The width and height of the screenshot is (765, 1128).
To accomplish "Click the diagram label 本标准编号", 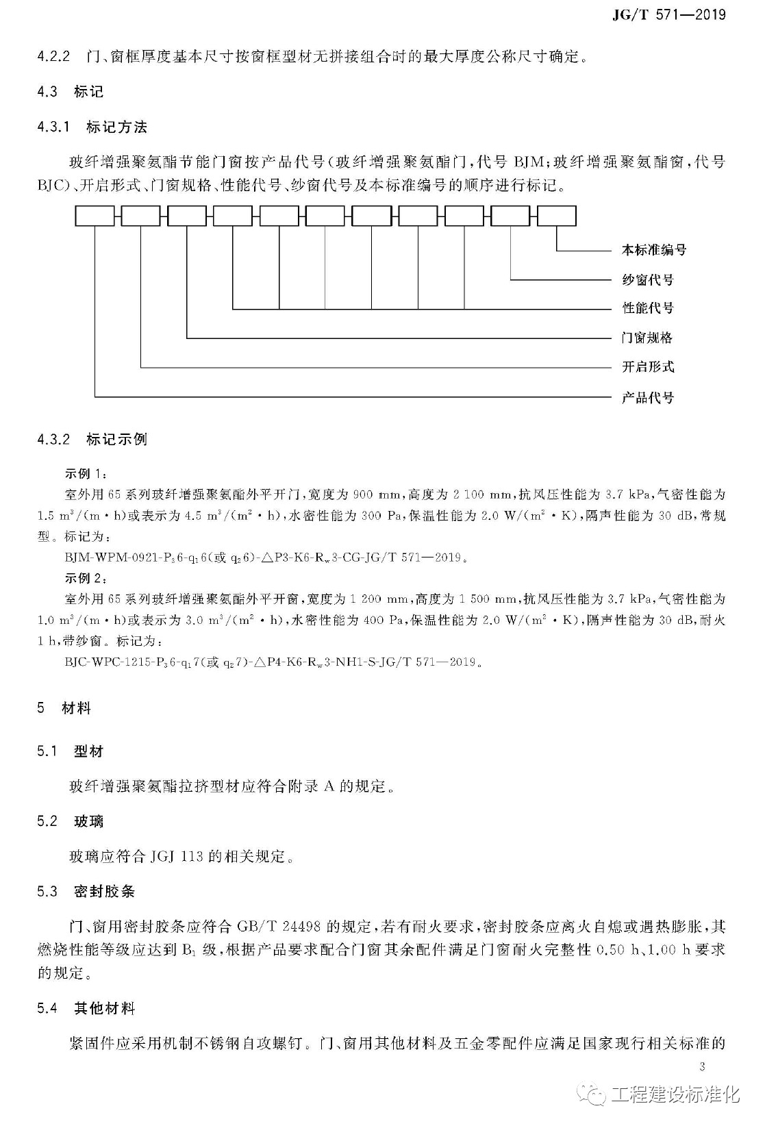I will [653, 250].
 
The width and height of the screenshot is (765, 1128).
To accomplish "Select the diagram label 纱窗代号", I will [647, 279].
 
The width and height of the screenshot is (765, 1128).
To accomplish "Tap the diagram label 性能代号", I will [647, 308].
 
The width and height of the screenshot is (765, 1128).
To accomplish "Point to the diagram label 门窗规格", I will [647, 338].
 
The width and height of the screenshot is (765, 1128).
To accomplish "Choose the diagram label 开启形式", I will [647, 367].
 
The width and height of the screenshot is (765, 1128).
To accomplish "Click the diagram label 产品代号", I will [647, 397].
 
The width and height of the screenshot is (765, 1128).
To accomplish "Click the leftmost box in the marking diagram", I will [95, 216].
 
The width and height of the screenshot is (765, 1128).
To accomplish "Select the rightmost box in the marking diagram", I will [557, 216].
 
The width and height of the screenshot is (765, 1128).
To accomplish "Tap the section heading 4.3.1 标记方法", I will [92, 127].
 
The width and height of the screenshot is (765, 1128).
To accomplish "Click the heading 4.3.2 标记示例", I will [92, 439].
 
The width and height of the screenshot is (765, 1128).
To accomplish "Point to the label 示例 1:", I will [86, 473].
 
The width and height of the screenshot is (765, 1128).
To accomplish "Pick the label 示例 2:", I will [86, 578].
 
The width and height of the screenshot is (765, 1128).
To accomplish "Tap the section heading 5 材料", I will [64, 708].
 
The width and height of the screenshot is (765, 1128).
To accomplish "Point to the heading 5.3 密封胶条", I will [86, 892].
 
